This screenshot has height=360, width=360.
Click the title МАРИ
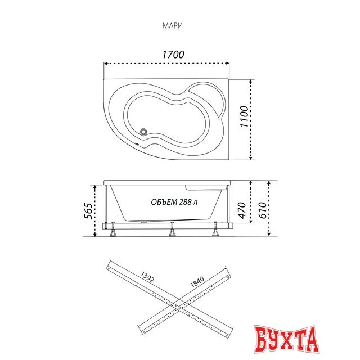click(x=173, y=26)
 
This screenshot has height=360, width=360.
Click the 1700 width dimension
click(x=173, y=55)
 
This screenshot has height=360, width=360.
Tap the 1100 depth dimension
click(x=244, y=116)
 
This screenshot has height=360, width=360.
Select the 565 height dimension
click(x=89, y=211)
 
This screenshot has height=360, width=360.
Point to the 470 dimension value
click(x=242, y=210)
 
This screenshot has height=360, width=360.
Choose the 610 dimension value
click(x=262, y=210)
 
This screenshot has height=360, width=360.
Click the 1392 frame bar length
click(x=147, y=277)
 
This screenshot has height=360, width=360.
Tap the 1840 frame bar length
click(x=197, y=282)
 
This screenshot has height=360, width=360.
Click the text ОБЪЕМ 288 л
click(x=174, y=202)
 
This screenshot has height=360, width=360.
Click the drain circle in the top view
click(x=144, y=132)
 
